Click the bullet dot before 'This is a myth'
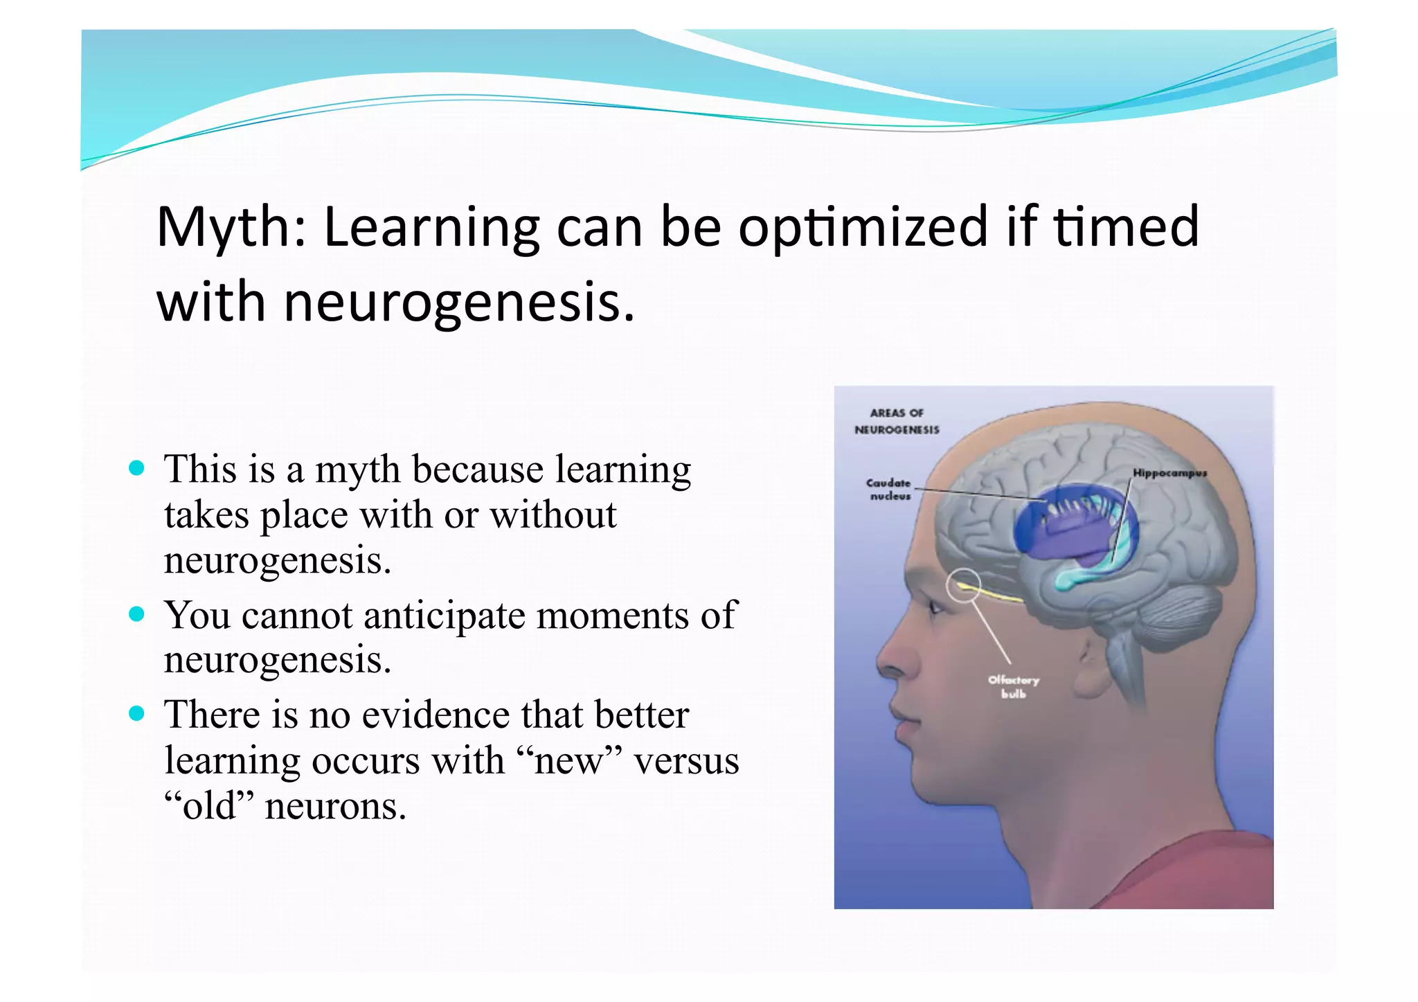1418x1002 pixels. pyautogui.click(x=137, y=467)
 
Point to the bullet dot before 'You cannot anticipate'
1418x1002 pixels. pyautogui.click(x=137, y=614)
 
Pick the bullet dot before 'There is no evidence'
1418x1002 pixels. pyautogui.click(x=137, y=713)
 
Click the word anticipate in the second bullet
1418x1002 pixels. pyautogui.click(x=444, y=616)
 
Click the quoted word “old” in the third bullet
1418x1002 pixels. pyautogui.click(x=209, y=806)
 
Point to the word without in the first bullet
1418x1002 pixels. pyautogui.click(x=553, y=515)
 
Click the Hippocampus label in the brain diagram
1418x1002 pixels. pyautogui.click(x=1169, y=473)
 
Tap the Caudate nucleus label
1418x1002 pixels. pyautogui.click(x=889, y=489)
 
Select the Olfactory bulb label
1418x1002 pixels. pyautogui.click(x=1013, y=686)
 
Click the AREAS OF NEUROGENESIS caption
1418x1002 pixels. pyautogui.click(x=897, y=421)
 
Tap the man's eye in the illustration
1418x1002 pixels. pyautogui.click(x=934, y=609)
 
